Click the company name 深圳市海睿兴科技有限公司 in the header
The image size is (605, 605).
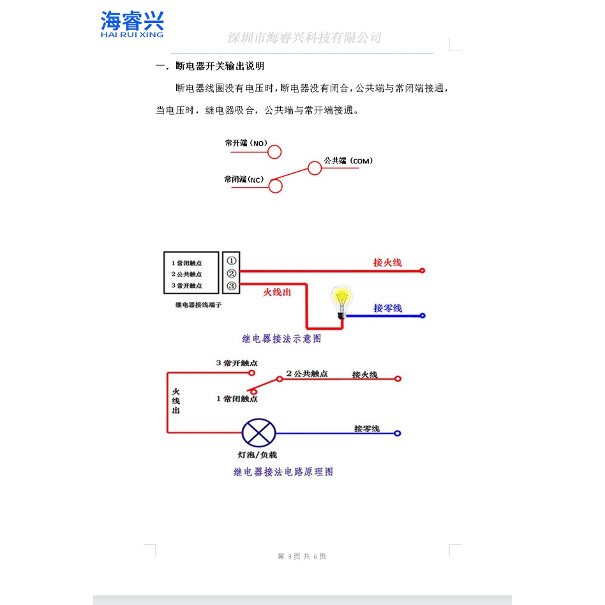(x=304, y=38)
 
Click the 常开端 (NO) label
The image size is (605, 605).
(x=246, y=144)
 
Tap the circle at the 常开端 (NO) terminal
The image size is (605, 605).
(x=274, y=152)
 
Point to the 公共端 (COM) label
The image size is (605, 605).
(x=348, y=160)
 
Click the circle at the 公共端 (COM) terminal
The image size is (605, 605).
(x=314, y=168)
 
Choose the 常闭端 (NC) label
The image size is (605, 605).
(x=244, y=180)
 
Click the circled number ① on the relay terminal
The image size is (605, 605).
(x=231, y=260)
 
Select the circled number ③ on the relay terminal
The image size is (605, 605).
(x=231, y=285)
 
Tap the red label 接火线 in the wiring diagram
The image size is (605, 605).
(x=387, y=262)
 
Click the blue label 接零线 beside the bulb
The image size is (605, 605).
(x=387, y=308)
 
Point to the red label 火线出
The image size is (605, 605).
(x=277, y=292)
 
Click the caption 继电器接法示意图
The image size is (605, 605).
(x=281, y=339)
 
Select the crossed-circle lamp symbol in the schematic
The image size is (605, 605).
(x=258, y=433)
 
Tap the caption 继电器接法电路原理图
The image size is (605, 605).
(x=283, y=472)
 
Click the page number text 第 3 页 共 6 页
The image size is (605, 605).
(x=302, y=556)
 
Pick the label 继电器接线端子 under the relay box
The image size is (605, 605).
(x=198, y=305)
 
